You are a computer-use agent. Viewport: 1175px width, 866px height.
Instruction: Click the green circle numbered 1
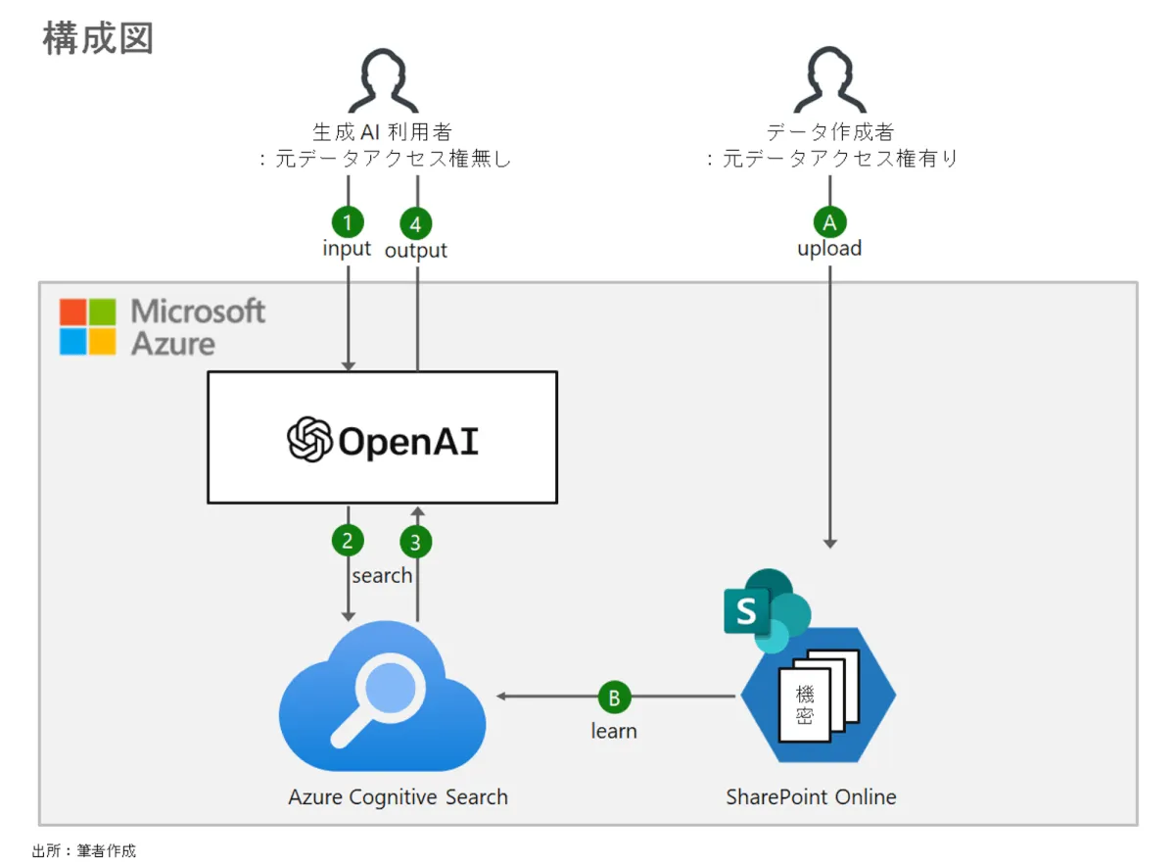point(348,221)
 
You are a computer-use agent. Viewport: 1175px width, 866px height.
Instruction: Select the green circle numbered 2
point(348,540)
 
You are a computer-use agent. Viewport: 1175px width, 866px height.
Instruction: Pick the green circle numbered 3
point(417,541)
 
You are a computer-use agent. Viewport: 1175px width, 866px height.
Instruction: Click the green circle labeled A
point(829,222)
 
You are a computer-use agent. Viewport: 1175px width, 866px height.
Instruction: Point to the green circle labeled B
point(614,698)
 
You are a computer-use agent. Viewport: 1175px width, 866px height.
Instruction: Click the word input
point(347,249)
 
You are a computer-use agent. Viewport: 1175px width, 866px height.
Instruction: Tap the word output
point(416,251)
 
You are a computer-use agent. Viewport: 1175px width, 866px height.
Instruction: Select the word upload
point(829,249)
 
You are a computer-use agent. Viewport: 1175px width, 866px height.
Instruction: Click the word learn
point(614,731)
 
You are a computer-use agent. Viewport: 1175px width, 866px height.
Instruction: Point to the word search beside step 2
point(382,575)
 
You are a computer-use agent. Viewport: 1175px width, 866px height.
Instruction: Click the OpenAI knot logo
point(310,439)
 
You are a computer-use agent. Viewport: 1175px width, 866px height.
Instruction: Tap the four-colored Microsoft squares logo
point(87,326)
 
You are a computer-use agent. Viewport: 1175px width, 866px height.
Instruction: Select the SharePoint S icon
point(747,612)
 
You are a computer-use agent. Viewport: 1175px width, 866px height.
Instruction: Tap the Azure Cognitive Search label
point(398,796)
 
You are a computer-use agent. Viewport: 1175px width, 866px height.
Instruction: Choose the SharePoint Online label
point(811,796)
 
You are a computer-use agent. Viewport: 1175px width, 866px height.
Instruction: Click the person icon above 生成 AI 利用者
point(383,83)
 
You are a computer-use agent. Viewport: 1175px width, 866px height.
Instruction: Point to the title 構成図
point(98,39)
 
